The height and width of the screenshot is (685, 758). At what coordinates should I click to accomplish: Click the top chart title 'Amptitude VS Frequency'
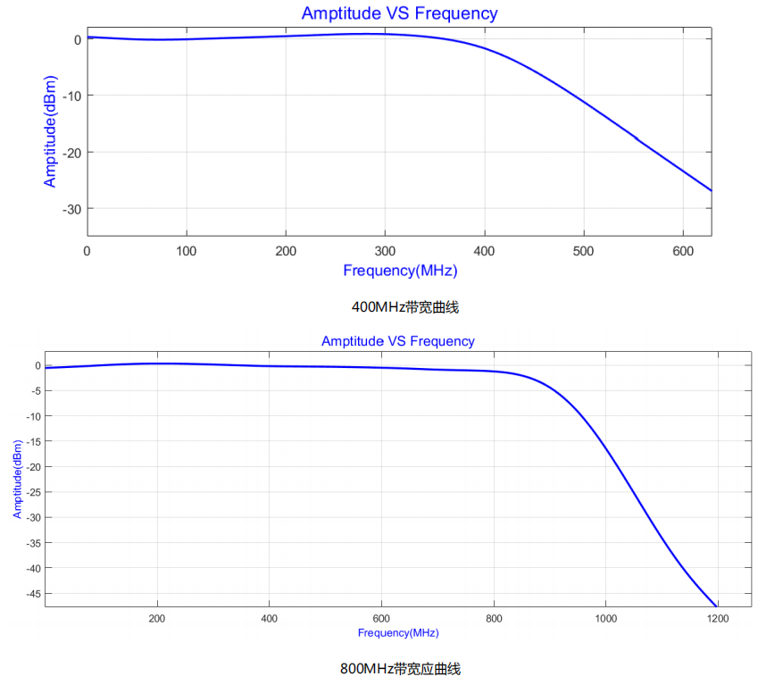[399, 13]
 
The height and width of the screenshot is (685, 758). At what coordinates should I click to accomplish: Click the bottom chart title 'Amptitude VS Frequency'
[397, 341]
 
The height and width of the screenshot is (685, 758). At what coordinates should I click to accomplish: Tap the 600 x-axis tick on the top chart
[682, 251]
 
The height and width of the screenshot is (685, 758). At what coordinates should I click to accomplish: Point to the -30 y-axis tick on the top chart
[71, 209]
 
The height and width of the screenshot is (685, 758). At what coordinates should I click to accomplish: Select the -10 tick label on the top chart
[71, 96]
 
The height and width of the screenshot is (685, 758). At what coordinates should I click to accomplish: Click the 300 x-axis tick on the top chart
[385, 251]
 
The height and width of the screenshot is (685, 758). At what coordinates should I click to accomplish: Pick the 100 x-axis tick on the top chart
[186, 251]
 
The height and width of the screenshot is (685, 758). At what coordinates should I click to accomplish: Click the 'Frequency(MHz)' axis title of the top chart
[405, 271]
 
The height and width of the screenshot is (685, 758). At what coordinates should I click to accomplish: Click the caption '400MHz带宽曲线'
[405, 307]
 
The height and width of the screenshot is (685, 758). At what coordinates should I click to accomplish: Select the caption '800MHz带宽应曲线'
[399, 668]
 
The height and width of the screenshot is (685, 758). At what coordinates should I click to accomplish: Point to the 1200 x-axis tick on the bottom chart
[717, 618]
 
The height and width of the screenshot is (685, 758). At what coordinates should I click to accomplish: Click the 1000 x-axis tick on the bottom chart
[605, 618]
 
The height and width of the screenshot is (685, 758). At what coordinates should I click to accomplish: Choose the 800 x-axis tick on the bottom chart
[493, 618]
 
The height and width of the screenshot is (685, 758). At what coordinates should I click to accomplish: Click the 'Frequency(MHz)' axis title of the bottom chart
[398, 633]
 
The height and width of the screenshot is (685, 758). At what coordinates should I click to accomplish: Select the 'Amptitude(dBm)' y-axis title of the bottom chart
[17, 480]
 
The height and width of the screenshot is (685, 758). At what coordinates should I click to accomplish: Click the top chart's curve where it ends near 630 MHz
[711, 190]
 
